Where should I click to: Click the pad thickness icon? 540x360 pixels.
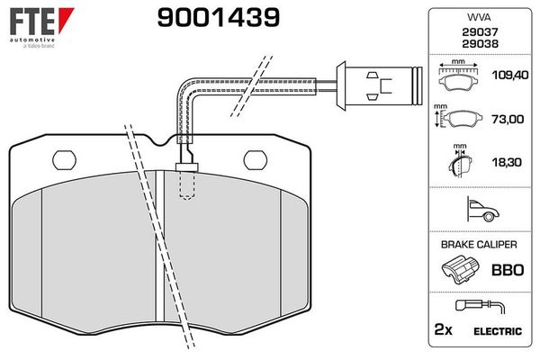(x=461, y=164)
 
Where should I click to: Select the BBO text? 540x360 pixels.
(x=505, y=269)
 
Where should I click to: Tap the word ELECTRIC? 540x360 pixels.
(x=498, y=331)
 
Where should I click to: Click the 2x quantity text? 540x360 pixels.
(x=443, y=331)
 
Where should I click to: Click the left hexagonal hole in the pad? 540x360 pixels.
(x=66, y=159)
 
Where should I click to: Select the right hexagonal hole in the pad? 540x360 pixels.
(x=256, y=159)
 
